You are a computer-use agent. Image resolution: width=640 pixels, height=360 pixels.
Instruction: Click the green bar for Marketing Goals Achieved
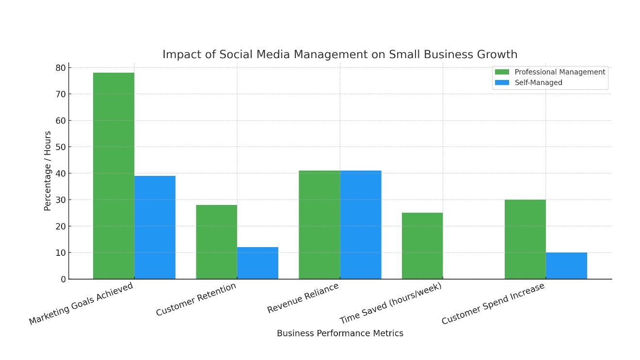point(113,175)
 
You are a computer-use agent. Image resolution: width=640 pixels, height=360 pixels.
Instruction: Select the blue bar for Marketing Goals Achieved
point(155,227)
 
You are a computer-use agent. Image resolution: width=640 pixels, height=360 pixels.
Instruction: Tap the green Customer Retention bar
point(216,242)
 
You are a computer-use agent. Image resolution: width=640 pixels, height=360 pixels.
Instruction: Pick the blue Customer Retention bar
point(257,263)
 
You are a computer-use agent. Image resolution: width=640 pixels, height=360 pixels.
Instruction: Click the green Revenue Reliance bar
point(319,225)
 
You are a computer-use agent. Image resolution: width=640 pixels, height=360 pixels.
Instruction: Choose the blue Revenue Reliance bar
point(361,225)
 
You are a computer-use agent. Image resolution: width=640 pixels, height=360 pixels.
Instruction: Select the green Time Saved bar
point(422,246)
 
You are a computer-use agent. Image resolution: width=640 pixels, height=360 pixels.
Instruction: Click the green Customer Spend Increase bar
point(525,239)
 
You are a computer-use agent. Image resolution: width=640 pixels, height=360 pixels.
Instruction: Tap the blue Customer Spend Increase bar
point(566,266)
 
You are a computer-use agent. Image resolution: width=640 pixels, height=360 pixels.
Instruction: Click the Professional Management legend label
point(560,72)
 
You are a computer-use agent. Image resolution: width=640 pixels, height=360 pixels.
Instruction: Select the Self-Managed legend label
point(538,83)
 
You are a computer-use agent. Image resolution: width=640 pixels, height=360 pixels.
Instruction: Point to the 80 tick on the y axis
point(60,68)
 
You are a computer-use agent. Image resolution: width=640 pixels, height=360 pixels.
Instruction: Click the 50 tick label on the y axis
point(60,147)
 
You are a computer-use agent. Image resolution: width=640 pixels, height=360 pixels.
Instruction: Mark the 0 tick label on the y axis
point(63,279)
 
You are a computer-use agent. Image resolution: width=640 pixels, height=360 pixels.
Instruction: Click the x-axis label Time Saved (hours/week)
point(391,303)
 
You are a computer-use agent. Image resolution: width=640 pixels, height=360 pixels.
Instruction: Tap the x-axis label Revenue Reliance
point(303,298)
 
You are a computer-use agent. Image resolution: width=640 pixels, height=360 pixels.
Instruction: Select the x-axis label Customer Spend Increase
point(493,304)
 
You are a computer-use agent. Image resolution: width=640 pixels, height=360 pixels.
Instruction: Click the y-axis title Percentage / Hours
point(48,171)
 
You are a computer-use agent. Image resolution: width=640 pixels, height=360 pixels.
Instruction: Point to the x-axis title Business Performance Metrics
point(340,333)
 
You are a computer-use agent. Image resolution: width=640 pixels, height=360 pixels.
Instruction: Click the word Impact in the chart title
point(179,54)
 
